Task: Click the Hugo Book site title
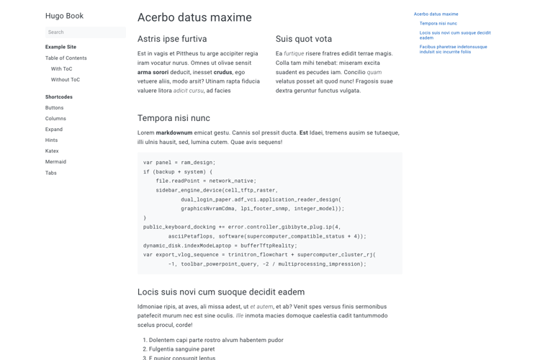coord(64,16)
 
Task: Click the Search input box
coord(85,32)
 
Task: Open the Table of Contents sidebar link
coord(66,58)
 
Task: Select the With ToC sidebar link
coord(61,69)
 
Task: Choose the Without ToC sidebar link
coord(65,80)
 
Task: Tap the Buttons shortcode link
coord(54,108)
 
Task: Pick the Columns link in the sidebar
coord(55,119)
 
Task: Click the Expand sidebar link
coord(54,130)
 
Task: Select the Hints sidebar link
coord(51,140)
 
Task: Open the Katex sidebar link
coord(52,151)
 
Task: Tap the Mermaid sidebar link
coord(55,162)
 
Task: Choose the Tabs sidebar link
coord(50,173)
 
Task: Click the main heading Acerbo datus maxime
coord(194,17)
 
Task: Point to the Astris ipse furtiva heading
coord(172,39)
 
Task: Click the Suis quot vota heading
coord(303,39)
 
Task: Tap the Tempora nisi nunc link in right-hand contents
coord(438,24)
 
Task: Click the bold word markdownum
coord(174,133)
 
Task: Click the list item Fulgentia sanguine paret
coord(181,349)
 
